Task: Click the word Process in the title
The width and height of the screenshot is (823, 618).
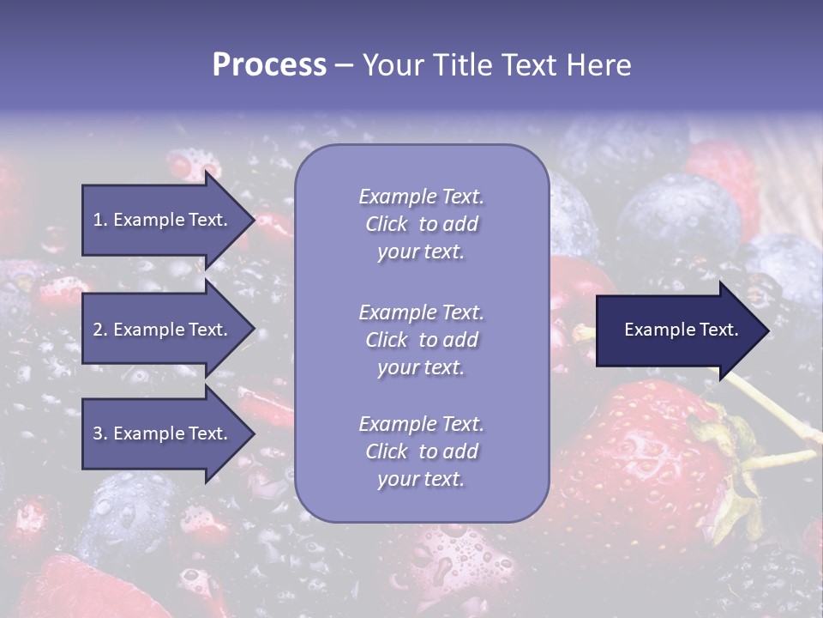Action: pos(269,65)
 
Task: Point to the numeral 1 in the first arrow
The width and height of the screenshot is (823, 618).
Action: pos(98,220)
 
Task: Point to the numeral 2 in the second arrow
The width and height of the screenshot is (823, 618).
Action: pos(98,330)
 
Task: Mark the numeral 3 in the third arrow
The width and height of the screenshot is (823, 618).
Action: pos(98,433)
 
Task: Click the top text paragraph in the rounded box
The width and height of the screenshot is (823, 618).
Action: pos(421,224)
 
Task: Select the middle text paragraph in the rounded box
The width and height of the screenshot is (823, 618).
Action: pos(421,340)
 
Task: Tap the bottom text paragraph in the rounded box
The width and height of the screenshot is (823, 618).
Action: pos(421,451)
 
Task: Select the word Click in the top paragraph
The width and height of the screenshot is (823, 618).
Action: pos(387,224)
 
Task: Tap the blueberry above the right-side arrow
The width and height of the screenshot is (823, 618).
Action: pos(677,219)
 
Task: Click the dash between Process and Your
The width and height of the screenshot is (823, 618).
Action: pos(344,65)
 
